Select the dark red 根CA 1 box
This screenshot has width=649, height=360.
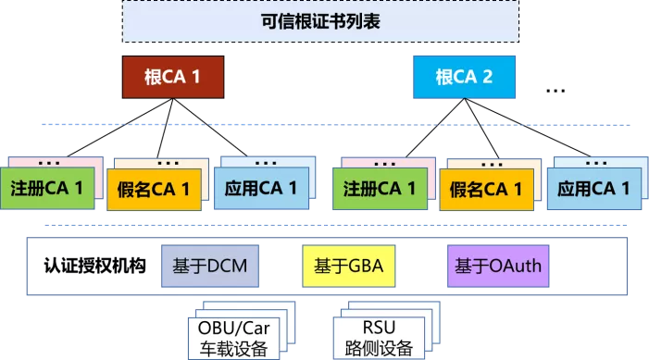(x=173, y=77)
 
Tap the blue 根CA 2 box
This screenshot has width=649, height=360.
(x=464, y=77)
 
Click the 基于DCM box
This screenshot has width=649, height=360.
(x=209, y=267)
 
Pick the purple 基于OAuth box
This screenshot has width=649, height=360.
(x=497, y=267)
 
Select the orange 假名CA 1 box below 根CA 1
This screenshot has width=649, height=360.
(x=154, y=191)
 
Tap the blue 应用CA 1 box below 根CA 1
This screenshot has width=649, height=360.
(x=261, y=189)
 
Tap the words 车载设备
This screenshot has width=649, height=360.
(x=231, y=347)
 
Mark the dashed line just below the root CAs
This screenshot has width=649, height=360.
(x=333, y=124)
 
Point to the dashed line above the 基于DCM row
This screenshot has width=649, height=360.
(x=333, y=224)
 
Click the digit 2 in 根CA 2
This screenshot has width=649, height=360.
(x=487, y=77)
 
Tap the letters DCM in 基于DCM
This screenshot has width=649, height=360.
(x=225, y=267)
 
